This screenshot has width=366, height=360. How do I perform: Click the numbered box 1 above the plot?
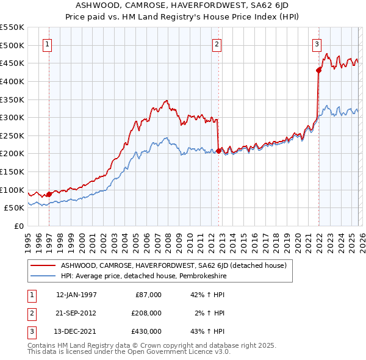47,43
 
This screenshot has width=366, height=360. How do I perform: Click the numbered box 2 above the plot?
217,43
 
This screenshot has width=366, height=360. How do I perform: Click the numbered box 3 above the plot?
317,43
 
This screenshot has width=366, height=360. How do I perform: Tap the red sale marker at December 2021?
318,70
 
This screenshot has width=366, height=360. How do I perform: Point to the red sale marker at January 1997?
49,194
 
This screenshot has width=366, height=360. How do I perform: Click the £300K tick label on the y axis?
12,117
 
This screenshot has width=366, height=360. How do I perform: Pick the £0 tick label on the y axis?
20,226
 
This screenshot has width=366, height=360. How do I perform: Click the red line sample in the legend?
43,265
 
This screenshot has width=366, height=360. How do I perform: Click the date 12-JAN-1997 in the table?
76,295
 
